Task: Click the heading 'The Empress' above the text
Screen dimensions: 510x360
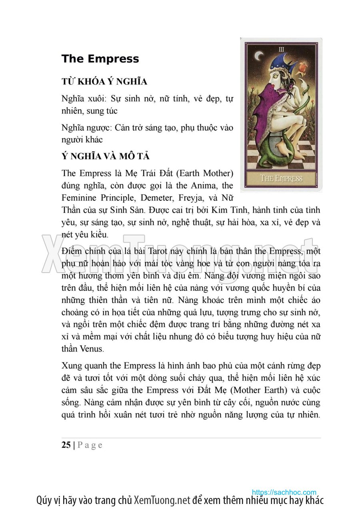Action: coord(100,59)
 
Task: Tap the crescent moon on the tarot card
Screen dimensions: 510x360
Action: coord(260,56)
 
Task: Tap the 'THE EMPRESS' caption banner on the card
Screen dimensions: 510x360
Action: coord(281,178)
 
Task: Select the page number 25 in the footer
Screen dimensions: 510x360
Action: coord(66,445)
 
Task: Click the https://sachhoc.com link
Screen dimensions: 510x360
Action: coord(284,492)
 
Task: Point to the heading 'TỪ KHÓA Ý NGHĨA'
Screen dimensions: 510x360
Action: coord(104,82)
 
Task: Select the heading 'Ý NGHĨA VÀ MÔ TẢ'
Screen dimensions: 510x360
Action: coord(106,156)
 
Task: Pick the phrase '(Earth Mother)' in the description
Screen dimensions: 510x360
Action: coord(204,173)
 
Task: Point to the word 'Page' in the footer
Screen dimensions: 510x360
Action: coord(90,445)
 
